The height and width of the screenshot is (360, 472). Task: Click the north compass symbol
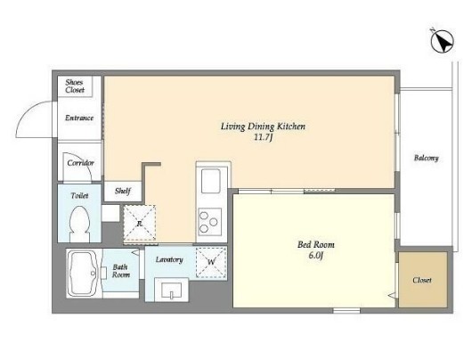[443, 41]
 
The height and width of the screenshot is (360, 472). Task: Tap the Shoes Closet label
[75, 86]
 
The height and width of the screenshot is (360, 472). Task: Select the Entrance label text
[79, 118]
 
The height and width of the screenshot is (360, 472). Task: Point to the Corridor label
[81, 163]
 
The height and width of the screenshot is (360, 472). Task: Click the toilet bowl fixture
[79, 224]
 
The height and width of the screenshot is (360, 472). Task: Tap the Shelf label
[123, 191]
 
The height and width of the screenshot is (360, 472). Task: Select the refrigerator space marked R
[140, 223]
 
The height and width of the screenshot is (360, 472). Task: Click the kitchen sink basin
[211, 181]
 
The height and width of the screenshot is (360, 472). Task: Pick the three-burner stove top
[210, 222]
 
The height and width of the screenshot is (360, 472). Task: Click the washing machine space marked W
[211, 262]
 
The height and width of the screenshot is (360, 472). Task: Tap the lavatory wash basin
[171, 290]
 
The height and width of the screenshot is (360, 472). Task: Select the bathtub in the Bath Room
[82, 274]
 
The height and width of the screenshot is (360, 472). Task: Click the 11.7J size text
[263, 138]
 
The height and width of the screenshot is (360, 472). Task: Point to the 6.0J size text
[316, 256]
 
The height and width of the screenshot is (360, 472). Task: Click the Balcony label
[427, 158]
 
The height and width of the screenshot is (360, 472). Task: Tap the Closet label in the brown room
[422, 280]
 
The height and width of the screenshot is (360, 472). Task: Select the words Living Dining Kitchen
[263, 127]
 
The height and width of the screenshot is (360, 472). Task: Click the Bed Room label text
[316, 245]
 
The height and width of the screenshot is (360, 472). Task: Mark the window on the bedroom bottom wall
[346, 311]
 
